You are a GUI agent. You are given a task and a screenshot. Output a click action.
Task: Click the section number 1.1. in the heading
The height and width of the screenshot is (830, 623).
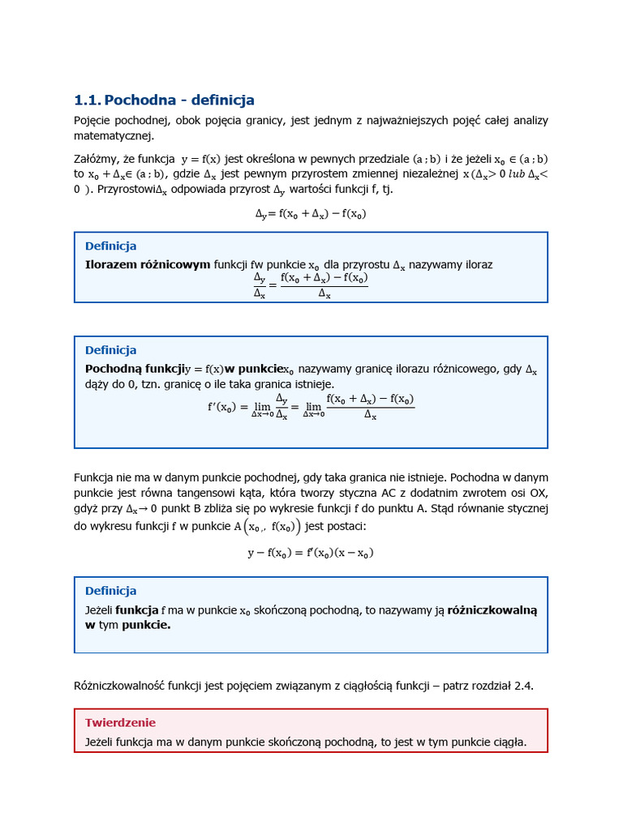87,101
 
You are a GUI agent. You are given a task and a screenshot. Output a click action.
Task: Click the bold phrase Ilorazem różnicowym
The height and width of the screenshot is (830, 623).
148,264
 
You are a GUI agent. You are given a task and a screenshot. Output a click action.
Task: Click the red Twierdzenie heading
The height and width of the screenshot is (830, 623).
120,722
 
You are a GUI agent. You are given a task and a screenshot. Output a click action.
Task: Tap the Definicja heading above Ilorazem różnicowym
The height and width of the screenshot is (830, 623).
110,246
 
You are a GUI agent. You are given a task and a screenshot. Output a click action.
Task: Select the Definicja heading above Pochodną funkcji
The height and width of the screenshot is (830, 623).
110,349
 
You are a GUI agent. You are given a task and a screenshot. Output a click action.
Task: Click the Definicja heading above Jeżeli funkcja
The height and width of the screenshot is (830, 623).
110,591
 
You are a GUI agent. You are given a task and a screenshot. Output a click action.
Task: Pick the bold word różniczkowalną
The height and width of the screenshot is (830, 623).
492,610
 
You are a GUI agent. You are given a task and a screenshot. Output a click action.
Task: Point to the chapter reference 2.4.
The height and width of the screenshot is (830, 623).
523,686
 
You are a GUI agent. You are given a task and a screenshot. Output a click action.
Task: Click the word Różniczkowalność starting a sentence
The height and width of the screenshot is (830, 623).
118,686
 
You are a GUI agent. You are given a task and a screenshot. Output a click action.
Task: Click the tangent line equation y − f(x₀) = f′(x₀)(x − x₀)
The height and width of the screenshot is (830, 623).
311,554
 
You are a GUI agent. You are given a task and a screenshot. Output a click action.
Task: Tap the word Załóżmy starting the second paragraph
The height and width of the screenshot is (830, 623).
96,159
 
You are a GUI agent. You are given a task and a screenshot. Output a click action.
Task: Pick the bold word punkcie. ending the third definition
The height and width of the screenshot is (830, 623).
146,625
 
